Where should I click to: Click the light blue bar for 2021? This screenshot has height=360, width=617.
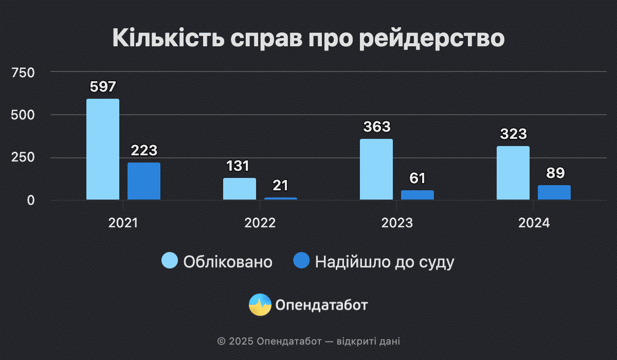pyautogui.click(x=103, y=149)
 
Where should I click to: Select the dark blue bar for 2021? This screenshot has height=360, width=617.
pyautogui.click(x=144, y=181)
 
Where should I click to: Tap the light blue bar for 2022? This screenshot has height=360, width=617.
pyautogui.click(x=240, y=189)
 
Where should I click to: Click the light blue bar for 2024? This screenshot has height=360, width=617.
pyautogui.click(x=513, y=173)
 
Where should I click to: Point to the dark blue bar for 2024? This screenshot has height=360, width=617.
pyautogui.click(x=554, y=192)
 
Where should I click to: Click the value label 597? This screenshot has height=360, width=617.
pyautogui.click(x=103, y=86)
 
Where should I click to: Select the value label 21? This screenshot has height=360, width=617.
pyautogui.click(x=281, y=185)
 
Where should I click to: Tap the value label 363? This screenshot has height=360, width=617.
pyautogui.click(x=376, y=127)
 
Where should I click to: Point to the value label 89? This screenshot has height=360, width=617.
pyautogui.click(x=555, y=173)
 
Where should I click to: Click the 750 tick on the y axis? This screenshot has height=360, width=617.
pyautogui.click(x=24, y=73)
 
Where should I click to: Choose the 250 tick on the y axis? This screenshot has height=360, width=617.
pyautogui.click(x=24, y=157)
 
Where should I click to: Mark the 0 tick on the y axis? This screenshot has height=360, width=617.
pyautogui.click(x=31, y=200)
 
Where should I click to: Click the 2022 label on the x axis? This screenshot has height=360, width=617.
pyautogui.click(x=260, y=223)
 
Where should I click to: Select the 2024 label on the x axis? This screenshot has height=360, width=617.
pyautogui.click(x=534, y=223)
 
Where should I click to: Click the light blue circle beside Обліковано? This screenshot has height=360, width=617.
pyautogui.click(x=170, y=261)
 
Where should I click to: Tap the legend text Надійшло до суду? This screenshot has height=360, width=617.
pyautogui.click(x=385, y=262)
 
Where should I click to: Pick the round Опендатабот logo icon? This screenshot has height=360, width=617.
pyautogui.click(x=260, y=305)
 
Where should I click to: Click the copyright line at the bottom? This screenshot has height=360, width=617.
pyautogui.click(x=308, y=341)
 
